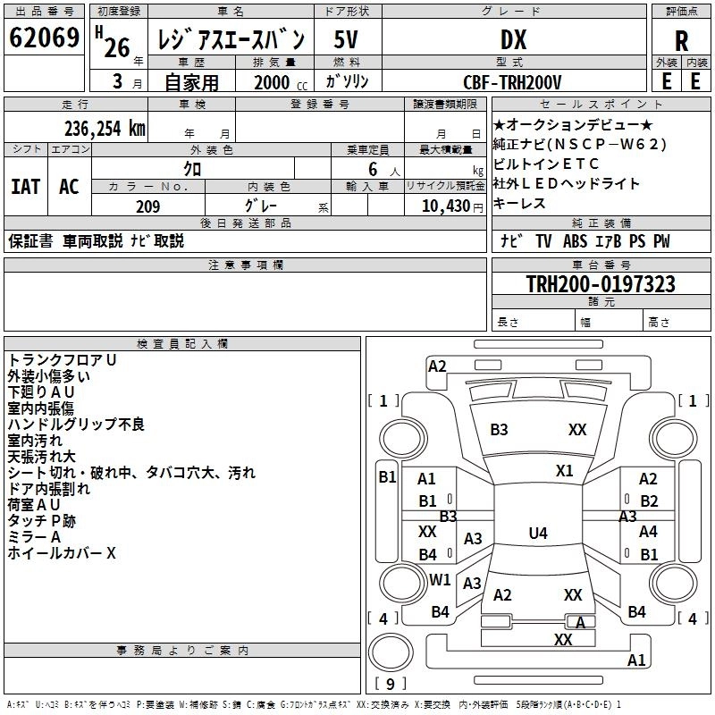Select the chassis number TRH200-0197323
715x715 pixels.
(x=576, y=284)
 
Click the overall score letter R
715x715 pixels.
(x=681, y=40)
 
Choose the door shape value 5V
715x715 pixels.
(x=347, y=40)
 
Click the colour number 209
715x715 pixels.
(x=147, y=206)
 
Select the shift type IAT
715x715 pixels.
(x=26, y=187)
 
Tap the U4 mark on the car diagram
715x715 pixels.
(x=537, y=534)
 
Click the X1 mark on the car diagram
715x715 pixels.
(x=564, y=471)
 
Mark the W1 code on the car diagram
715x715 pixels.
(x=440, y=580)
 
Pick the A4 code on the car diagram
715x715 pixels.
(x=648, y=532)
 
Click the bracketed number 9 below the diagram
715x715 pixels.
(x=389, y=685)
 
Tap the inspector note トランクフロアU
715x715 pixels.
(x=63, y=359)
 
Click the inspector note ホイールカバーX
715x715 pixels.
(x=62, y=553)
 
